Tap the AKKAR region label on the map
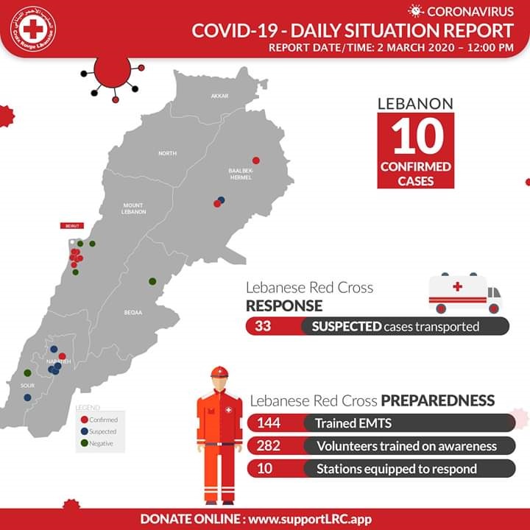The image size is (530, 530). pos(219,96)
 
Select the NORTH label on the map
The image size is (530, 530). pos(167,153)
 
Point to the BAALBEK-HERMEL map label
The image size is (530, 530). pos(241,174)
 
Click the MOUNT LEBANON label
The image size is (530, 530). pos(134,208)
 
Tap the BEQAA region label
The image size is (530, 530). pos(133,312)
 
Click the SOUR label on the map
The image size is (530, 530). pos(28,385)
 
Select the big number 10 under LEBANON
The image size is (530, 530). pos(416,137)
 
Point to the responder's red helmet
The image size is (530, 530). pos(219,372)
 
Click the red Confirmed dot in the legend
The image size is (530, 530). pos(85,420)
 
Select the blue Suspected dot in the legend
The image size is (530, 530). pos(85,431)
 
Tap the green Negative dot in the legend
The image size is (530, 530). pos(85,443)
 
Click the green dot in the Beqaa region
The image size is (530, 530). pos(152,280)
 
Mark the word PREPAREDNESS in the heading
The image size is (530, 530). pos(437,401)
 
